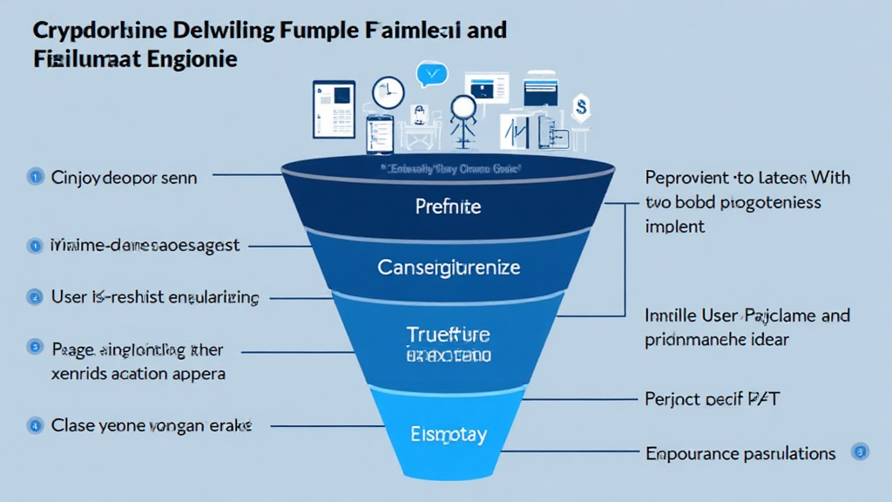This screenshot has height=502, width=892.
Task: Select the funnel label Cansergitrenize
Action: click(449, 266)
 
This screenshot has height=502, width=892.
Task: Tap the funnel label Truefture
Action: click(449, 334)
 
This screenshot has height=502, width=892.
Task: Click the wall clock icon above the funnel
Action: click(388, 93)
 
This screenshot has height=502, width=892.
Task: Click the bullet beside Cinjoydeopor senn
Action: click(36, 177)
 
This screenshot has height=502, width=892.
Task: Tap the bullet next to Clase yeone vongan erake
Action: click(36, 426)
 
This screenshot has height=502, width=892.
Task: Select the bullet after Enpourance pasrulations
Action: click(860, 451)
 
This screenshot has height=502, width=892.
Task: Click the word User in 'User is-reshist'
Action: click(69, 297)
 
